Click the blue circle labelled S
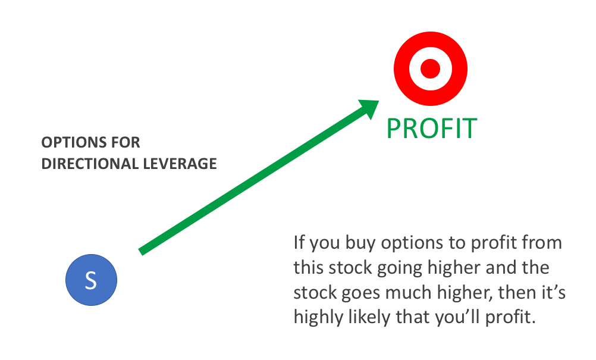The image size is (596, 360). [x=91, y=280]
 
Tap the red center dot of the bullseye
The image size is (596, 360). [x=430, y=69]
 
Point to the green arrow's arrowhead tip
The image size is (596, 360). [x=379, y=101]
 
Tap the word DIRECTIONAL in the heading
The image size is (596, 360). [x=90, y=164]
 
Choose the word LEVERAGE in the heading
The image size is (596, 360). [x=180, y=164]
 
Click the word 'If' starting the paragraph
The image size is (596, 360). [x=299, y=243]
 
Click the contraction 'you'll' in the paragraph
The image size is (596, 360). [x=458, y=318]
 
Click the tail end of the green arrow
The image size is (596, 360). [x=140, y=252]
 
